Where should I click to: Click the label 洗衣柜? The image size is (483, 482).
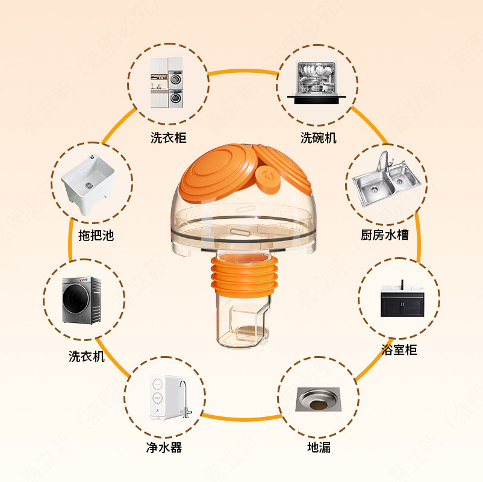(x=169, y=138)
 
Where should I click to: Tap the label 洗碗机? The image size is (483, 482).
(x=319, y=138)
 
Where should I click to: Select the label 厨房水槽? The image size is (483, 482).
(x=385, y=234)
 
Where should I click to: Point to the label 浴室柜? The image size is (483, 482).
(x=399, y=349)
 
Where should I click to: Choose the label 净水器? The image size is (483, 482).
(x=164, y=447)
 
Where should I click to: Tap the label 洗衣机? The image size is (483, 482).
(x=87, y=356)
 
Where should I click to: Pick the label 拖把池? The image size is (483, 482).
(x=96, y=235)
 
